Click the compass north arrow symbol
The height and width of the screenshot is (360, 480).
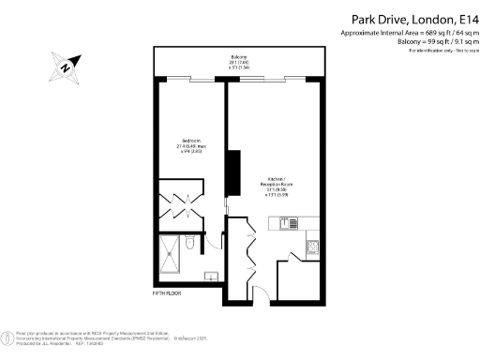tap(63, 66)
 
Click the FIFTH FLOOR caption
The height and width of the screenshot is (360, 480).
tap(166, 293)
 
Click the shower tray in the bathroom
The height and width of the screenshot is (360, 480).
tap(171, 250)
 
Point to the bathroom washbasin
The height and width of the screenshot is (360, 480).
tap(211, 275)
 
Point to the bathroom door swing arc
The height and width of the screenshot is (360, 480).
tap(214, 239)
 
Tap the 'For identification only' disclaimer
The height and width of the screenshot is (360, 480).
tap(444, 50)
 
